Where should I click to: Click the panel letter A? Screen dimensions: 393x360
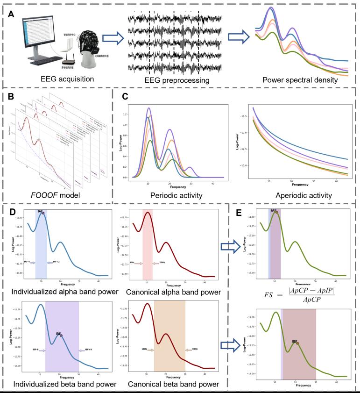pyautogui.click(x=11, y=15)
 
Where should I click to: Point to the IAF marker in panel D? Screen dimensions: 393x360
pyautogui.click(x=42, y=213)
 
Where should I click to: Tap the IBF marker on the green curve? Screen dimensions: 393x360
pyautogui.click(x=297, y=343)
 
